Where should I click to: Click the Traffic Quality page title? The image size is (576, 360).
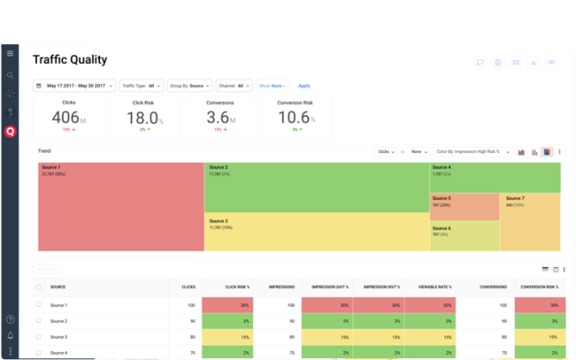click(69, 60)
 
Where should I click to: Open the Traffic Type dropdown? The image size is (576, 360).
click(139, 85)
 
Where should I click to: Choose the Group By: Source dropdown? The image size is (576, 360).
click(190, 85)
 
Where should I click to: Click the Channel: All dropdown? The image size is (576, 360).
click(234, 85)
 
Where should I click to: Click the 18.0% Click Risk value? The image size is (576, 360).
click(142, 118)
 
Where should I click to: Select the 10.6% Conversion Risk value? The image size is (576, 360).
click(294, 118)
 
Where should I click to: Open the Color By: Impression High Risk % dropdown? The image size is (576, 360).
click(472, 152)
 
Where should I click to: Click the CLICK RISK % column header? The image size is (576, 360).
click(237, 287)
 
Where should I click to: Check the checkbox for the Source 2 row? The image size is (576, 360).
click(38, 320)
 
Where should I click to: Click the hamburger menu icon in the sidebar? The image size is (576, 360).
click(10, 54)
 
